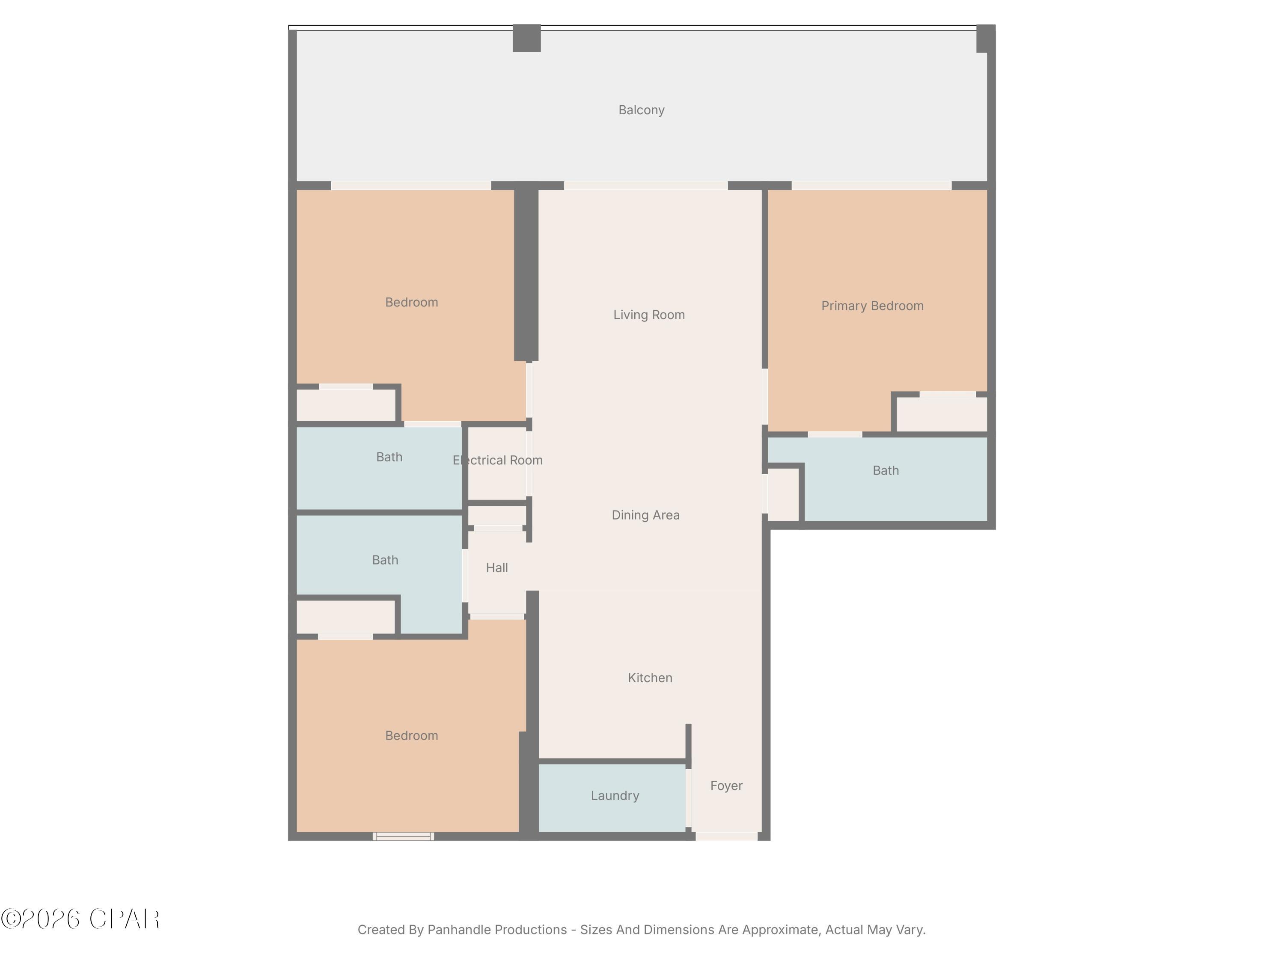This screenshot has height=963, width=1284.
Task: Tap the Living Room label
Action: [x=648, y=315]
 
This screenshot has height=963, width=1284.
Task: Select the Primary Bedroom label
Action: [x=872, y=306]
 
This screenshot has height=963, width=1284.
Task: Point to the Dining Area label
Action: [x=645, y=515]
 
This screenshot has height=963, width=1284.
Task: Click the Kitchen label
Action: [x=650, y=678]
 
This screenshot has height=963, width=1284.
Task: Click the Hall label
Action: [x=496, y=568]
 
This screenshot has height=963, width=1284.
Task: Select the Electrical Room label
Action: [x=497, y=460]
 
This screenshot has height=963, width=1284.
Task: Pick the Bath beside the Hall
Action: [x=385, y=560]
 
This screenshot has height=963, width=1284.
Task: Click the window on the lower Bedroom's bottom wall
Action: [x=403, y=836]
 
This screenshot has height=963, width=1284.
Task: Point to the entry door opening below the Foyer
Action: [x=726, y=836]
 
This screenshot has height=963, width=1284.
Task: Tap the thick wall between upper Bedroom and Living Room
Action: [x=526, y=273]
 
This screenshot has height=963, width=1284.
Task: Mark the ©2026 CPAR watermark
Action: [x=80, y=919]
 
